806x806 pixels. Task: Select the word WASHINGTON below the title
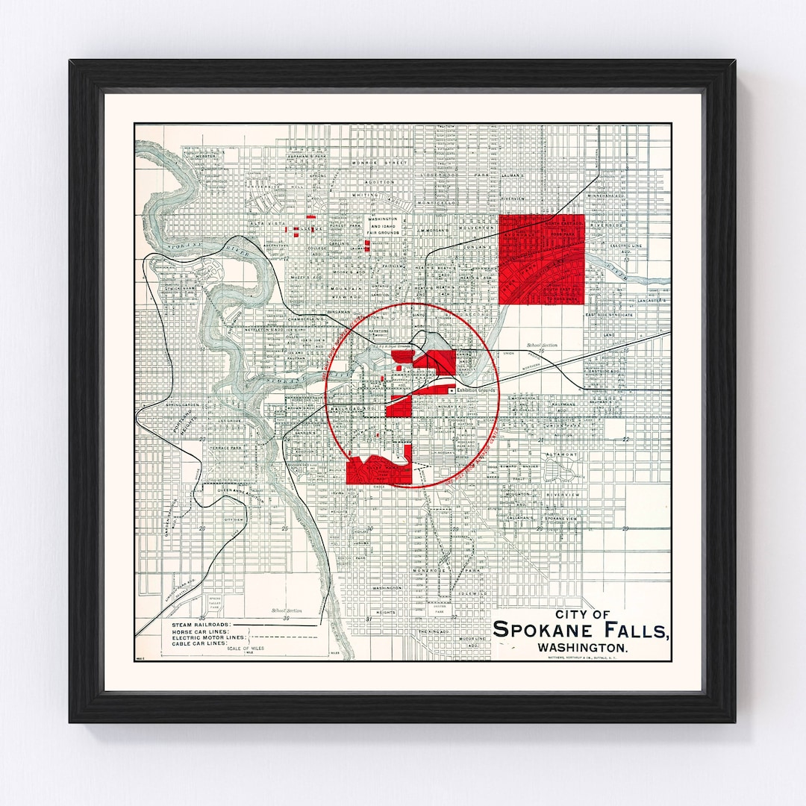583,647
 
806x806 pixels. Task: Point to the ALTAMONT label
561,454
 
